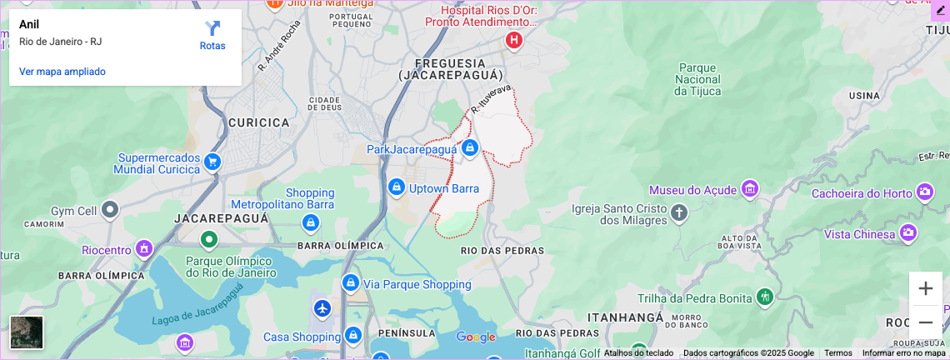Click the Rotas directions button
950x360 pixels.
coord(212,36)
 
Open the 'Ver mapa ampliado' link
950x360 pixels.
coord(62,72)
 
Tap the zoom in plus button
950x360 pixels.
coord(925,288)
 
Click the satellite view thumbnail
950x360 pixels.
coord(27,332)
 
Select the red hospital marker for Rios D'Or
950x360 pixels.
coord(514,39)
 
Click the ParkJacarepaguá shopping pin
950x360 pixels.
coord(469,148)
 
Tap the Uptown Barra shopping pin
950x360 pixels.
coord(397,187)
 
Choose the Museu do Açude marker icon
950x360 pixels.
coord(750,188)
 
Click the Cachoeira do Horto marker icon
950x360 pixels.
coord(925,192)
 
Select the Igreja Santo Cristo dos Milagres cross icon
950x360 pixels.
coord(679,212)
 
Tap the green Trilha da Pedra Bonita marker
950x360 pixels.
coord(764,297)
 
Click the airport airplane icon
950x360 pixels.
coord(322,308)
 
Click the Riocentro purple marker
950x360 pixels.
coord(145,248)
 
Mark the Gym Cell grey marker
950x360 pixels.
coord(110,210)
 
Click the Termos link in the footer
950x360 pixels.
coord(837,352)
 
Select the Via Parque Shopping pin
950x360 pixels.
coord(351,283)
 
